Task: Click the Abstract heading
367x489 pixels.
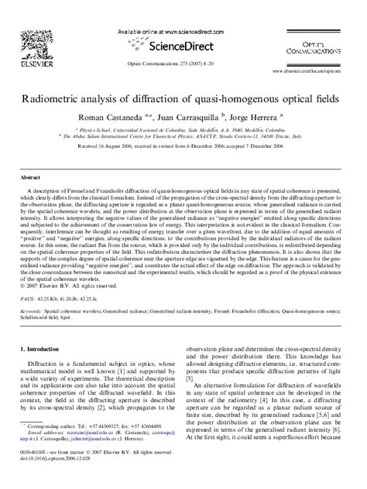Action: click(30, 177)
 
